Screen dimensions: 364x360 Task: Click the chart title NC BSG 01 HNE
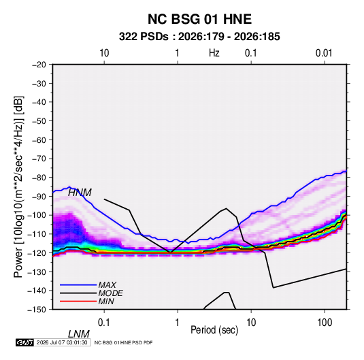point(199,19)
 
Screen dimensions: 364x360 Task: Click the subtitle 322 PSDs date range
point(199,37)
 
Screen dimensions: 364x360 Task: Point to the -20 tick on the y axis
point(39,65)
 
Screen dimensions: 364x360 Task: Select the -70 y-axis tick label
point(39,159)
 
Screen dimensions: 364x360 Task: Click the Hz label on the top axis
point(214,53)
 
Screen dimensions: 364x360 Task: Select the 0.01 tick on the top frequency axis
point(324,53)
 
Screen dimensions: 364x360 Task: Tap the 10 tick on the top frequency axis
point(104,53)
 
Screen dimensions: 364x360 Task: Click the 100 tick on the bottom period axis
point(325,323)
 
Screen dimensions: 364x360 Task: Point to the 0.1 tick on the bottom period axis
point(104,323)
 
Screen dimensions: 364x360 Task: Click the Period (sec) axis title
point(214,330)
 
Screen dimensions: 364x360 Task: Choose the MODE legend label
point(110,293)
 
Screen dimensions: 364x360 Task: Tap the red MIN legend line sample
point(78,301)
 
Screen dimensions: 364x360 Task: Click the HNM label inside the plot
point(80,193)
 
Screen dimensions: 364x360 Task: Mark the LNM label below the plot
point(78,334)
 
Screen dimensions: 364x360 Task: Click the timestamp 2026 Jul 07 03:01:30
point(62,342)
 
